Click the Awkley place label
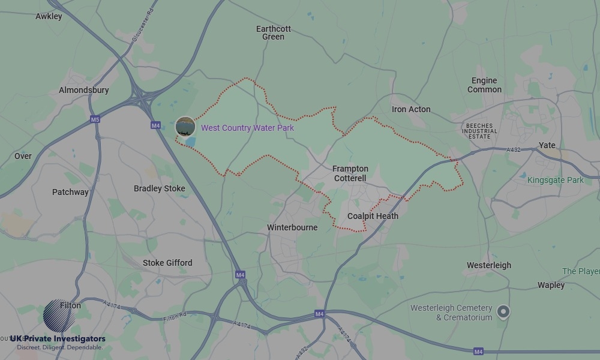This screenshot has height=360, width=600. coord(49,16)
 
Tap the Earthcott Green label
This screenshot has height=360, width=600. coord(273,32)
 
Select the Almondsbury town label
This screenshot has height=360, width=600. coord(84,90)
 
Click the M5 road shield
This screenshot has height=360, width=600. coord(95,119)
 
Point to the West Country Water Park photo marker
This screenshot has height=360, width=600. coord(185,127)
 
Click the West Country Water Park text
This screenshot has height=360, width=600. coord(247,128)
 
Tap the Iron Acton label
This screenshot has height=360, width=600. coord(411,109)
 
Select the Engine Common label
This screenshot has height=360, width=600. coord(484,85)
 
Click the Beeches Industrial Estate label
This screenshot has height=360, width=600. coord(479,131)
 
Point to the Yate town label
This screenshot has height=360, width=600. coord(547,145)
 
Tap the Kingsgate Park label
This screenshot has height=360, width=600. coord(556,180)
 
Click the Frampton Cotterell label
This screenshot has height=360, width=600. coord(350,173)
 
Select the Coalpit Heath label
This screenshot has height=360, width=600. coord(373,216)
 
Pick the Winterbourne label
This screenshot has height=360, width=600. coord(292,227)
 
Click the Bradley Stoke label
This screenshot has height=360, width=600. coord(159,188)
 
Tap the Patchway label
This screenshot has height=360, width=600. coord(70,192)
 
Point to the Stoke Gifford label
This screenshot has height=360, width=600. coord(167,263)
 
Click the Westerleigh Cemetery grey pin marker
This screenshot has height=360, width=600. coord(504,311)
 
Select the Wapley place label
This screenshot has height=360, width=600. coord(551,285)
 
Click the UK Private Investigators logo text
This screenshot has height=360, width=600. coord(58,339)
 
